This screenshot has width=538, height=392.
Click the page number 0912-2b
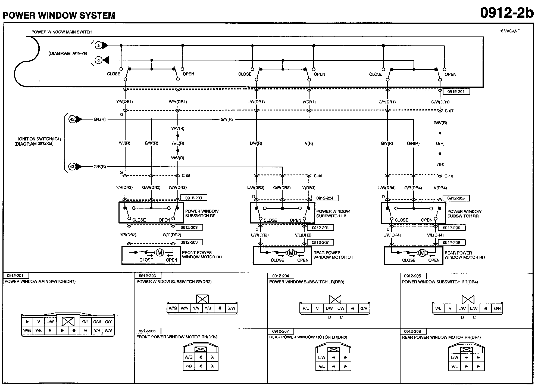tap(506, 13)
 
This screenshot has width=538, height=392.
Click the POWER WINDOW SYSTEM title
tap(59, 16)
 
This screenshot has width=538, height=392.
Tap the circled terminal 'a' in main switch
tap(99, 45)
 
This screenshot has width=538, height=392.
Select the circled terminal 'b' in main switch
tap(99, 60)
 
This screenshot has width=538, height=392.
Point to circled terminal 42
tap(72, 119)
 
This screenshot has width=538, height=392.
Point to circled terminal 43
tap(72, 167)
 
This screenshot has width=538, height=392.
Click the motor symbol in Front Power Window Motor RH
tap(160, 253)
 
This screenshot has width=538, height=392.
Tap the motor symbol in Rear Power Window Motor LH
tap(291, 253)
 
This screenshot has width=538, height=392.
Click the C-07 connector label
tap(449, 111)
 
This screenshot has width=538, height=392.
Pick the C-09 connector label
tap(318, 176)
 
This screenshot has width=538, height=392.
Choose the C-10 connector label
tap(449, 176)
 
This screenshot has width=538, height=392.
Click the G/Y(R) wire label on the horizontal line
tap(227, 120)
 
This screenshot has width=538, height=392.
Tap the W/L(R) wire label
tap(178, 143)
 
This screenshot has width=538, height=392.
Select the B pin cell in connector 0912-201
tap(50, 331)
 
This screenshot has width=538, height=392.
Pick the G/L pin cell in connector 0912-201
tap(85, 322)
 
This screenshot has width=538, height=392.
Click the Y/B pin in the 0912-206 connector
tap(189, 366)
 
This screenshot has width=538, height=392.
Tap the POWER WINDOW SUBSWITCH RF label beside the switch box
tap(202, 213)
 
